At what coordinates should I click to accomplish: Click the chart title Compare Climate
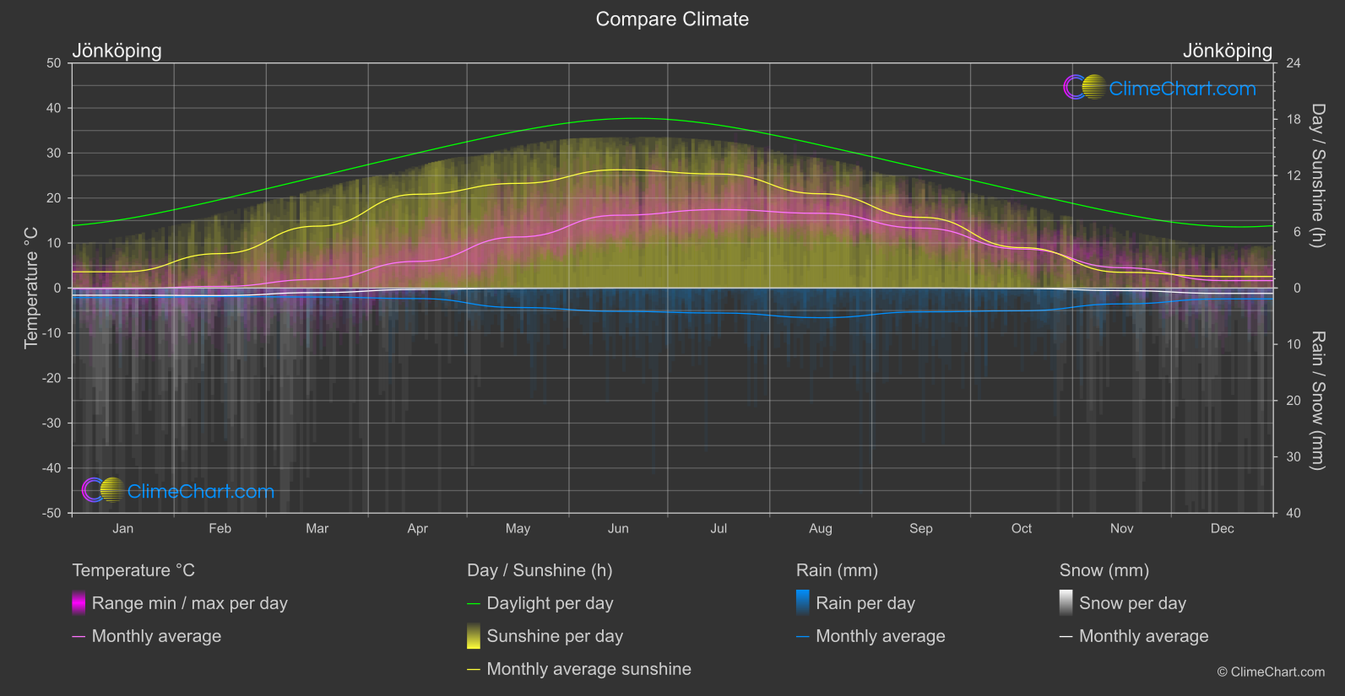(672, 19)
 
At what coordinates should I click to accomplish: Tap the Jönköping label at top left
(117, 51)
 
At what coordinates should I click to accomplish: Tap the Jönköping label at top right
(1227, 51)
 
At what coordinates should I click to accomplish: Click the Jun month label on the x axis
(618, 529)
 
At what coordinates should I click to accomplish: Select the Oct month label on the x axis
(1021, 529)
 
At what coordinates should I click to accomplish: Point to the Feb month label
(220, 529)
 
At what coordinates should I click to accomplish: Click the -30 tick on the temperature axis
(52, 424)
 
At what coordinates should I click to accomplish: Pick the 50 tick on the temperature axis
(54, 63)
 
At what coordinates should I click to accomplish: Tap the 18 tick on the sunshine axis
(1293, 120)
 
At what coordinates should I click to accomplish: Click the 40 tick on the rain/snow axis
(1293, 513)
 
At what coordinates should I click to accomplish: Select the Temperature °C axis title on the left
(31, 288)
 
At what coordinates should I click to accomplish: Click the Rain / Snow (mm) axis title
(1317, 400)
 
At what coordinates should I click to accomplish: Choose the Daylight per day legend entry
(550, 603)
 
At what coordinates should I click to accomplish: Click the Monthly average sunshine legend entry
(588, 669)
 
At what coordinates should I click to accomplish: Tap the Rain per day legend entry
(865, 603)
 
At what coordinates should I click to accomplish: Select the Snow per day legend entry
(1132, 603)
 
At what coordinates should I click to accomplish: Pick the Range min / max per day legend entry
(189, 603)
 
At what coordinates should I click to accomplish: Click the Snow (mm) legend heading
(1104, 570)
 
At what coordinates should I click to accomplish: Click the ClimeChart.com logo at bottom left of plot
(178, 491)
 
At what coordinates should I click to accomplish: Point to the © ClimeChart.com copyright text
(1271, 672)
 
